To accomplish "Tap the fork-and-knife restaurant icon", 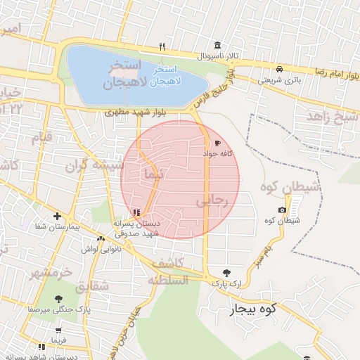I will (x=162, y=46).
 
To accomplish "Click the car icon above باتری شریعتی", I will (x=280, y=70).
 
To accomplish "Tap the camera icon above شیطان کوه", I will (x=282, y=210).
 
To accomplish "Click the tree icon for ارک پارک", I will (x=226, y=273).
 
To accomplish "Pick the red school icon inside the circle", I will (x=136, y=212).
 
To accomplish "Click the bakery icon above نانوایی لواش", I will (x=101, y=239).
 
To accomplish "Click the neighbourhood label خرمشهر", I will (x=51, y=272).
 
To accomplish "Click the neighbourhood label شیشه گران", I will (x=95, y=167).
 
